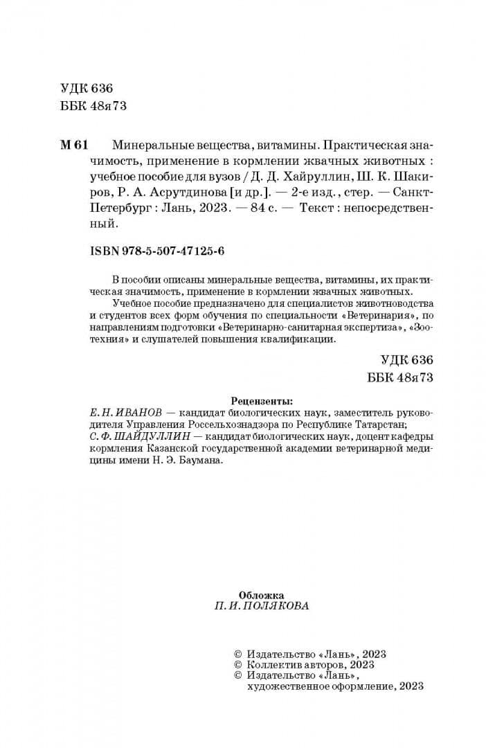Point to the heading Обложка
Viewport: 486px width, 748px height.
[261, 594]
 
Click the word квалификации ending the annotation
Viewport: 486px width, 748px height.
[305, 339]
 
